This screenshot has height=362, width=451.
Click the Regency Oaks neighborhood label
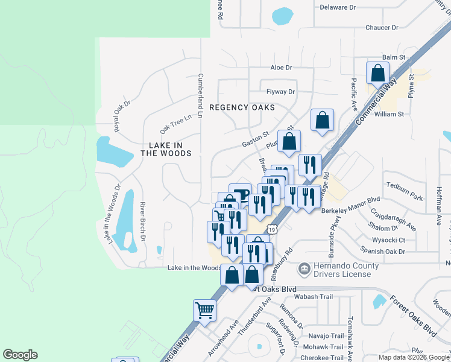coord(242,107)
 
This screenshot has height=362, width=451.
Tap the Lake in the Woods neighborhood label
coord(166,149)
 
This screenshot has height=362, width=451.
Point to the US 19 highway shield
coord(273,229)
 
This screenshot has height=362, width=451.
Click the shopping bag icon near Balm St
coord(377,74)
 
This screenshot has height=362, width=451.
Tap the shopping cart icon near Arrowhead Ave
coord(204,310)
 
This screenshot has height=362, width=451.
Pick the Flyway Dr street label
coord(281,92)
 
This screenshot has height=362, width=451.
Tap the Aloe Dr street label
coord(281,68)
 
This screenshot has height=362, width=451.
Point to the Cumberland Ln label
coord(201,97)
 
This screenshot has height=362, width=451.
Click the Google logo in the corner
coord(20,355)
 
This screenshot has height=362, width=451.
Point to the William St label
coord(389,113)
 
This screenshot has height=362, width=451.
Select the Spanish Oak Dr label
coord(383,251)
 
